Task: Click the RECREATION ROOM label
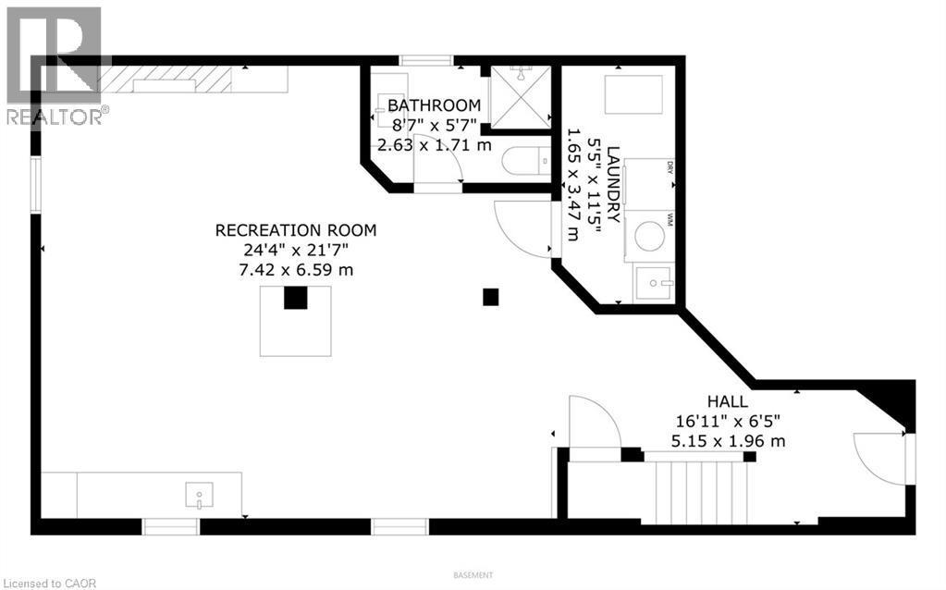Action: [x=296, y=230]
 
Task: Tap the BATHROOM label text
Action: [x=434, y=105]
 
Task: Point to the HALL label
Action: [x=729, y=401]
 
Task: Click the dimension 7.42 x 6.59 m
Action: [x=296, y=269]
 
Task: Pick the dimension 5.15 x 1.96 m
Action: [x=731, y=441]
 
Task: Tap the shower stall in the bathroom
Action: [x=519, y=95]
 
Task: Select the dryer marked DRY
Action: [x=649, y=182]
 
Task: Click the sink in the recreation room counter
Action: [x=200, y=496]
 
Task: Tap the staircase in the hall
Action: [x=700, y=492]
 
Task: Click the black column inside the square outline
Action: [x=295, y=299]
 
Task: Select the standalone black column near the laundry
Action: [x=491, y=297]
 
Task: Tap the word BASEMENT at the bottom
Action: [x=473, y=575]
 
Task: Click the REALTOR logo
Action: [x=54, y=65]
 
